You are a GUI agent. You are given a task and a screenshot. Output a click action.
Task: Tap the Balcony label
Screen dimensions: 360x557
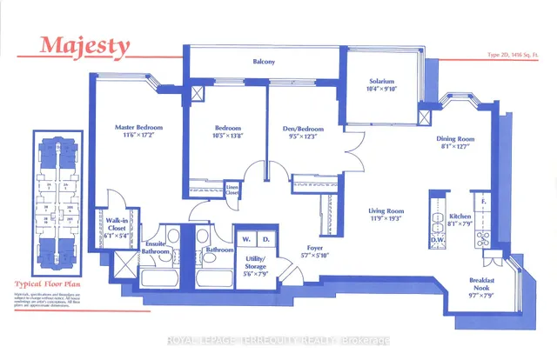[265, 62]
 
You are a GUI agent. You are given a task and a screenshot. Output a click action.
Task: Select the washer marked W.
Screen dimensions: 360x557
[246, 238]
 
